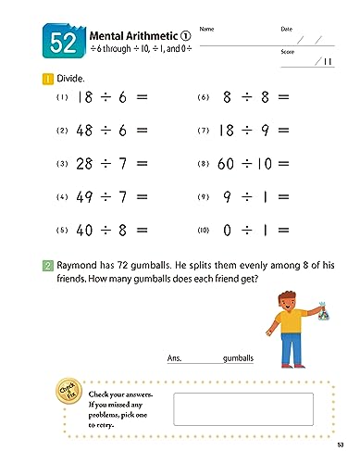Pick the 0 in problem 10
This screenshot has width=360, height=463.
click(x=228, y=229)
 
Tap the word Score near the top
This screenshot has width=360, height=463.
click(x=287, y=52)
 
